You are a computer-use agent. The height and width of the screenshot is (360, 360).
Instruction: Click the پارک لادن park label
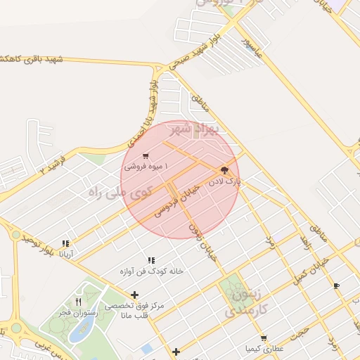pos(224,181)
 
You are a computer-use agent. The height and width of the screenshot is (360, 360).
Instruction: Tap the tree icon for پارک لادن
pos(224,170)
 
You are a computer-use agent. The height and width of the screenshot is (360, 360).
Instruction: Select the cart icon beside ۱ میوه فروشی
pos(145,156)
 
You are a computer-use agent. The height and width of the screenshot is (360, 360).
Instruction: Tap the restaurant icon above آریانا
pos(65,243)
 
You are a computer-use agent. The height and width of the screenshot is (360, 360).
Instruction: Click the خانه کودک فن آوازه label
pos(151,271)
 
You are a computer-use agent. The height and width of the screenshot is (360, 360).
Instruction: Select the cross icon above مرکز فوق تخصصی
pos(134,295)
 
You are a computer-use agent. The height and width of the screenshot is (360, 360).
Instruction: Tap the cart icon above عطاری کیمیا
pos(264,337)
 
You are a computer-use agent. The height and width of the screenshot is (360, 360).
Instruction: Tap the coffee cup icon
pos(336,285)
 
